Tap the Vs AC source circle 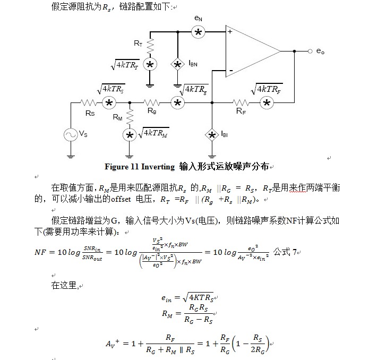pyautogui.click(x=71, y=135)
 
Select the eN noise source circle pyautogui.click(x=199, y=33)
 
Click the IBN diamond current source pyautogui.click(x=177, y=64)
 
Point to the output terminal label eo pyautogui.click(x=320, y=52)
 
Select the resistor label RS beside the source pyautogui.click(x=90, y=113)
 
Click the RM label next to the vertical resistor pyautogui.click(x=117, y=118)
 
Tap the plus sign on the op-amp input pyautogui.click(x=230, y=32)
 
